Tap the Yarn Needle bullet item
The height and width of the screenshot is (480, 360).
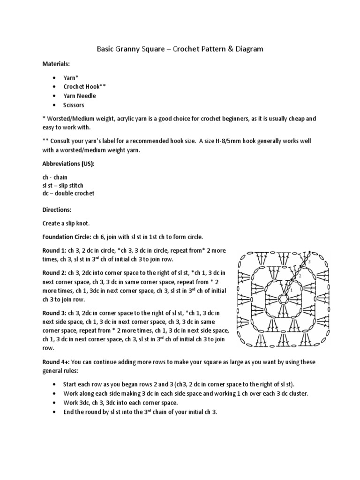(80, 96)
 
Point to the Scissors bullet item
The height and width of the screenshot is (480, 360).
(74, 105)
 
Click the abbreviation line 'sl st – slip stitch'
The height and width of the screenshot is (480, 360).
(63, 186)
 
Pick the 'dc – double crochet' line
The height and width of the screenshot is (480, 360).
(68, 194)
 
